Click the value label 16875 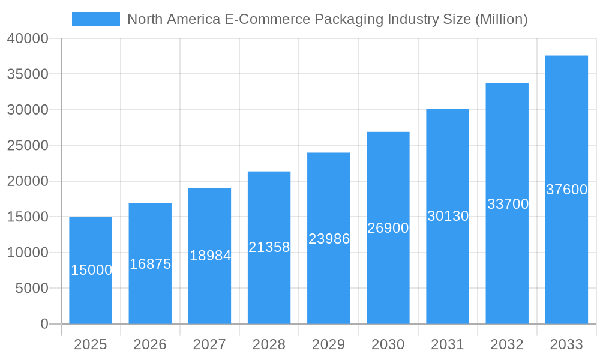point(150,264)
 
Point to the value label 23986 point(329,239)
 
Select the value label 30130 point(448,216)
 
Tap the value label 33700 point(508,204)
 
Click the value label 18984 point(210,256)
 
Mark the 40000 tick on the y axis point(28,39)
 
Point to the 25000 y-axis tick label point(28,146)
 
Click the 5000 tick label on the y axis point(32,289)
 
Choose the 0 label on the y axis point(44,324)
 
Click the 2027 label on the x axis point(209,344)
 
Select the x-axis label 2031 point(448,344)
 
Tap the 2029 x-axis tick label point(329,344)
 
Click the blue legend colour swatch point(95,19)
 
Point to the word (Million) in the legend point(501,19)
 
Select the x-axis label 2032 point(507,344)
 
